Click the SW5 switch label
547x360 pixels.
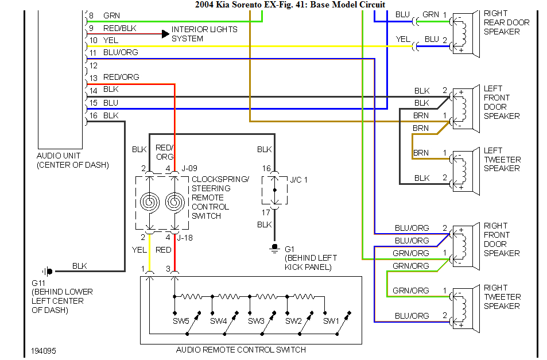coord(181,320)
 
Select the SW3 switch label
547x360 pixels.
coord(257,320)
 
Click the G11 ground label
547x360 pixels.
coord(38,282)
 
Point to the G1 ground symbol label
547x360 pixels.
coord(289,249)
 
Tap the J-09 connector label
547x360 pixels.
coord(189,169)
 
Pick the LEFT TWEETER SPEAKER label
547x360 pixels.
coord(502,159)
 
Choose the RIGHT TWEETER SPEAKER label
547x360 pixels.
coord(502,297)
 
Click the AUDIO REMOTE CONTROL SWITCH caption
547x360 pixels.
coord(249,350)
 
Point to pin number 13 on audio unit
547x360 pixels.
coord(92,78)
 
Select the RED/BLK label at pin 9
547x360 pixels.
coord(121,28)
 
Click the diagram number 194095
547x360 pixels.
coord(44,350)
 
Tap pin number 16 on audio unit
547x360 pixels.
coord(92,115)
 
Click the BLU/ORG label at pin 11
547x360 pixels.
coord(121,53)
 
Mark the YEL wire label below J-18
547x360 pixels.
coord(140,250)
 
